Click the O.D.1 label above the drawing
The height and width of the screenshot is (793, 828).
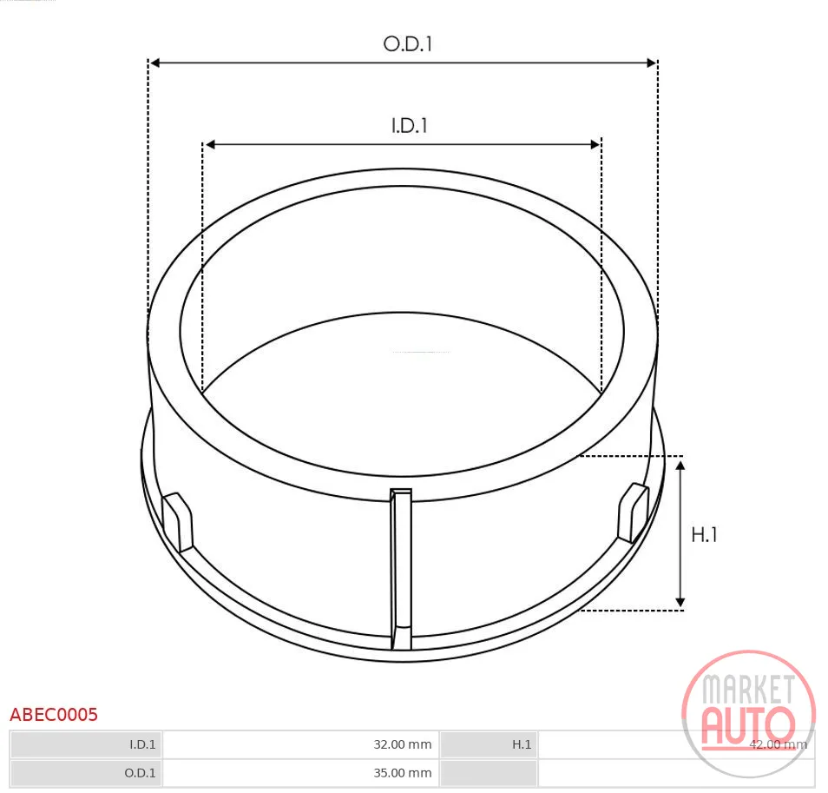[x=408, y=43]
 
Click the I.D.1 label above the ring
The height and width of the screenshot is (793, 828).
[x=410, y=126]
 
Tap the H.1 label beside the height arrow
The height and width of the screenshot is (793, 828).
[x=705, y=535]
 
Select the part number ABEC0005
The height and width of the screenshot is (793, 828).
[x=54, y=714]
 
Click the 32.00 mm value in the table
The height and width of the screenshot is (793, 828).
[x=403, y=744]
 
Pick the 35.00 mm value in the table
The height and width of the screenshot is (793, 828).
[x=403, y=773]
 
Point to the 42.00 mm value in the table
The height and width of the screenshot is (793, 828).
[x=778, y=744]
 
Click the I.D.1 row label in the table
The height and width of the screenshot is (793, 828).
[x=142, y=744]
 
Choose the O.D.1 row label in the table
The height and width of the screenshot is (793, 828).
[x=140, y=773]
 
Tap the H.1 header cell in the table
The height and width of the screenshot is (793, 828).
[x=522, y=744]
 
